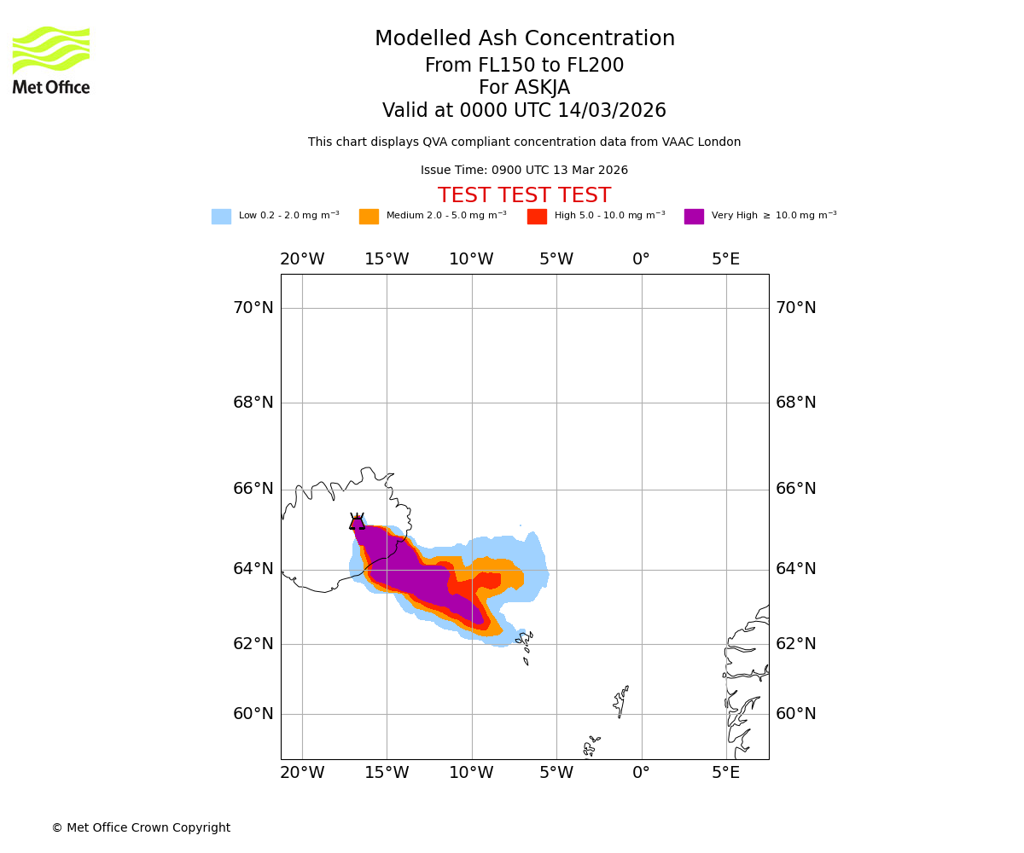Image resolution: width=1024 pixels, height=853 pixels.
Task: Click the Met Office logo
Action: point(51,60)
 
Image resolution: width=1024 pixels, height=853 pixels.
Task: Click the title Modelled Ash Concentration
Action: point(525,39)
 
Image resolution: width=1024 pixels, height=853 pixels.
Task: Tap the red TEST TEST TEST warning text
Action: point(524,196)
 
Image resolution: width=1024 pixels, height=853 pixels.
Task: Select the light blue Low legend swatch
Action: point(221,217)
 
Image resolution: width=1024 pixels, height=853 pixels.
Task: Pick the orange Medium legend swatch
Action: point(369,217)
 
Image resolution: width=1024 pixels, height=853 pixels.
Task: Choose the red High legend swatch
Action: point(537,217)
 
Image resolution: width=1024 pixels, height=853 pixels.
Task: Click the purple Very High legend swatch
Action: point(694,217)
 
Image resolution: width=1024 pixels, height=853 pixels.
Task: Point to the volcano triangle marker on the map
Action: point(357,522)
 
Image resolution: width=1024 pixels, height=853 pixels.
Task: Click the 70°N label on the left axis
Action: point(253,308)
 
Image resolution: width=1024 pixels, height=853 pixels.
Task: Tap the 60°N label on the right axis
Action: point(795,714)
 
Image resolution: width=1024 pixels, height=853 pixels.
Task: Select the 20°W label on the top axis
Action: point(302,259)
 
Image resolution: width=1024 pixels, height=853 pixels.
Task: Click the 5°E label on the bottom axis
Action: point(726,773)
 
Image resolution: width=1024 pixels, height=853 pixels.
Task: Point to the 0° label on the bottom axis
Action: point(641,773)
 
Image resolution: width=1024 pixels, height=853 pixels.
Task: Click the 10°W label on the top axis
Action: point(471,259)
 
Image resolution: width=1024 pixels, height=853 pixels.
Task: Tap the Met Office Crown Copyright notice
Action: point(141,828)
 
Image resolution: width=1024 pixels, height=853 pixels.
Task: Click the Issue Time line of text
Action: point(524,171)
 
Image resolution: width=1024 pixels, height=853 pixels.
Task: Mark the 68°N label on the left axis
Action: point(253,403)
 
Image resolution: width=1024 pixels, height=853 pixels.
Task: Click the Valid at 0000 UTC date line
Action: point(524,111)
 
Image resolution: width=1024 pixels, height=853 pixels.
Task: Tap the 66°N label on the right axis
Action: point(795,489)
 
